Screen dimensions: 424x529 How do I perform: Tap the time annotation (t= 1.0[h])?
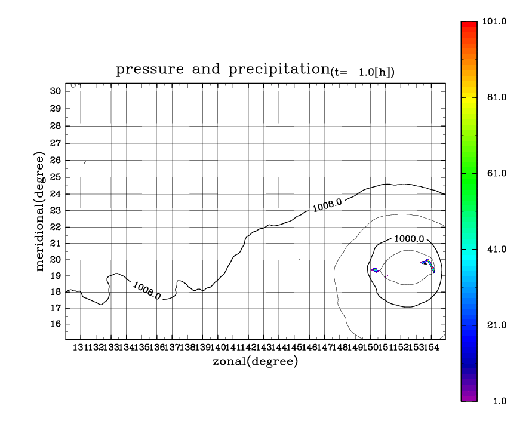tap(362, 73)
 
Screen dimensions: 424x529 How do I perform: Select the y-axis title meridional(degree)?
tap(41, 211)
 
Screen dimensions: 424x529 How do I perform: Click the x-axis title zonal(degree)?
tap(255, 361)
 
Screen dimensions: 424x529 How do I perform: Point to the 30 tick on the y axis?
tap(56, 91)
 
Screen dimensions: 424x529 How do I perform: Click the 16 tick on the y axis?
tap(56, 324)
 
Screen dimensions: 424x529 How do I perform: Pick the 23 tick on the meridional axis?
tap(56, 210)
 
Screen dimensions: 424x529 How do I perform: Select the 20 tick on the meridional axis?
tap(56, 260)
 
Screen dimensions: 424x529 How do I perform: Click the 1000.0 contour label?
tap(409, 239)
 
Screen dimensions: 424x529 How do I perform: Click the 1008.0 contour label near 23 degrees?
tap(327, 205)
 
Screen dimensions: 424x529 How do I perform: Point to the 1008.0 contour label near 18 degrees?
tap(146, 290)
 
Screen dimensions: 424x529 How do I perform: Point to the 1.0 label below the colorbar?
tap(499, 401)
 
